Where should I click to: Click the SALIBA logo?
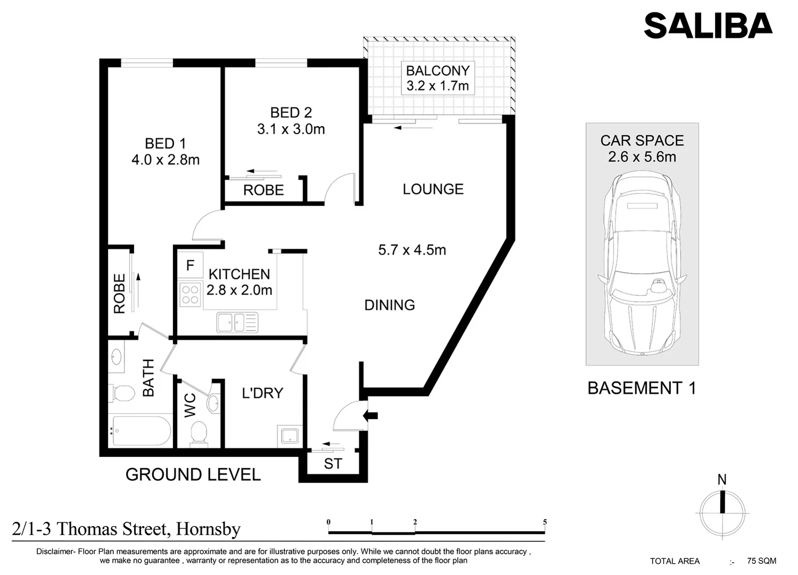707,25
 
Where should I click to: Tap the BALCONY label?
438,71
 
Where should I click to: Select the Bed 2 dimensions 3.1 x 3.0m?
291,129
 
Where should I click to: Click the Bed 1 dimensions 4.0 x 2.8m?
165,160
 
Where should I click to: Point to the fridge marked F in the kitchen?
190,265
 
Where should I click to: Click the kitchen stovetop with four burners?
190,294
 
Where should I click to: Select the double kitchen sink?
237,322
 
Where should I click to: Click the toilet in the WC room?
199,432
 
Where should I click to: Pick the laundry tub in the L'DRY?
290,435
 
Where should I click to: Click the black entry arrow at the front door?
370,415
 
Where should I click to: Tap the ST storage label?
333,464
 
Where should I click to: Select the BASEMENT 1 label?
641,388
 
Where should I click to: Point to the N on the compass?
722,480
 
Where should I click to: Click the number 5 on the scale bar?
545,522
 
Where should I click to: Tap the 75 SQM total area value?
761,561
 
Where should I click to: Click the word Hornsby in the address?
208,529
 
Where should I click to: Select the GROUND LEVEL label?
193,474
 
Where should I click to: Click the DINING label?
389,305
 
